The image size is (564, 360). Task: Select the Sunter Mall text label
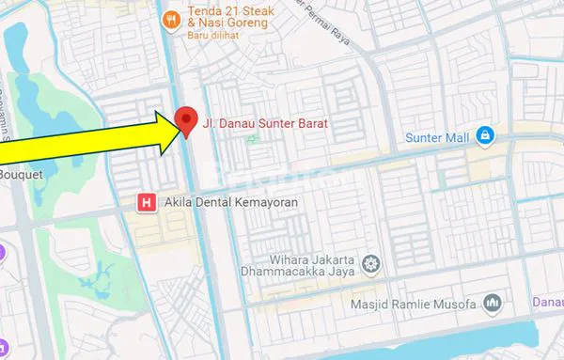point(435,137)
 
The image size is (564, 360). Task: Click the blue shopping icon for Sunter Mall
point(484,136)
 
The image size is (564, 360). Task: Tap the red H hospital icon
point(146,202)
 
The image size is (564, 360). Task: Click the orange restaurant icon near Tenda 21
point(170,17)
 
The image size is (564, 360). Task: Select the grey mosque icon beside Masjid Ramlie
point(492,303)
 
